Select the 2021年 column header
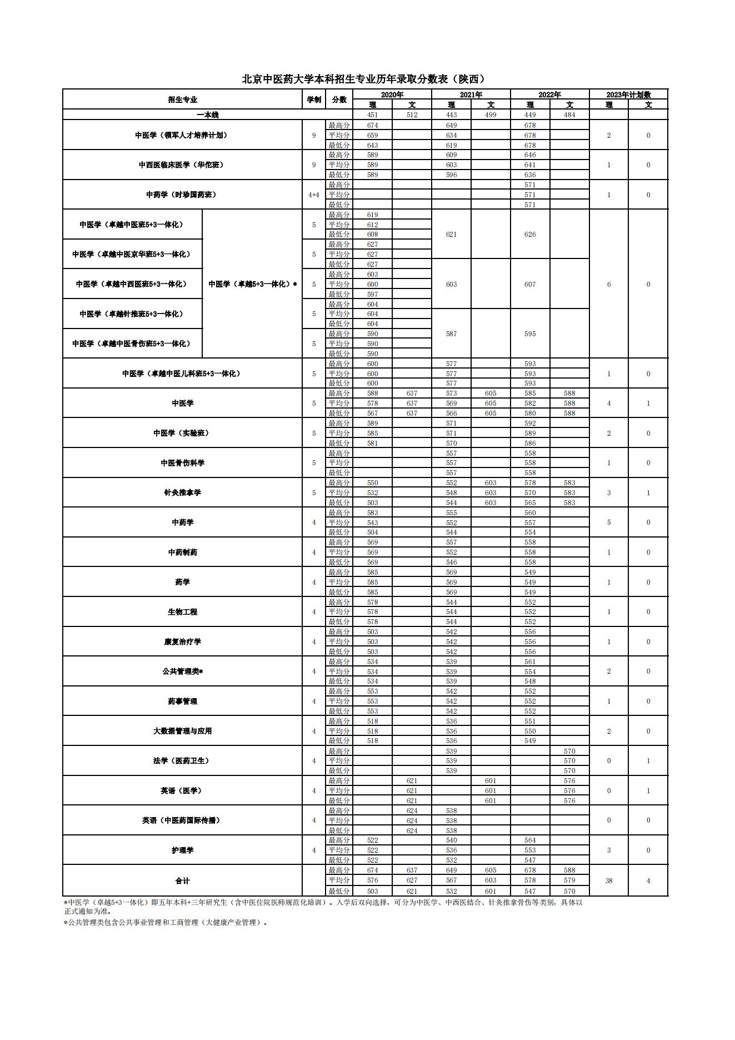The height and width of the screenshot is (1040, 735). pos(471,94)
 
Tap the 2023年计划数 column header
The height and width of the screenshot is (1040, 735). pos(628,94)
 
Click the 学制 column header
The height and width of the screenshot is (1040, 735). pos(314,99)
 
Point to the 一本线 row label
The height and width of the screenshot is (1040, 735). pos(208,115)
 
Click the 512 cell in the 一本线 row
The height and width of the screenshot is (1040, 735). pos(412,115)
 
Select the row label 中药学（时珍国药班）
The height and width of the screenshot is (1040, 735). pos(182,195)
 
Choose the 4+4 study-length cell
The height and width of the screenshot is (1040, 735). pos(314,195)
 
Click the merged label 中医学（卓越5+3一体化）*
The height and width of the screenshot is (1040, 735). pos(252,284)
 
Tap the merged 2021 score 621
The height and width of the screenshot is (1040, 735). pos(451,235)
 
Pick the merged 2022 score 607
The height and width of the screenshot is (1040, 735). pos(530,284)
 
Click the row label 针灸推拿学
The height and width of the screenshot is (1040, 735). pos(182,492)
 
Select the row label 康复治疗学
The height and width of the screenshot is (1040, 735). pos(182,641)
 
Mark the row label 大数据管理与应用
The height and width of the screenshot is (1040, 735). pos(182,731)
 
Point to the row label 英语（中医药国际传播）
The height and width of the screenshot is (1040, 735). pos(182,820)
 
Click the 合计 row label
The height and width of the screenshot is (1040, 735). pos(182,880)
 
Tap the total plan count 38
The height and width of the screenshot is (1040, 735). pos(609,880)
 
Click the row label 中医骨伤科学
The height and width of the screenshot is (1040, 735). pos(182,463)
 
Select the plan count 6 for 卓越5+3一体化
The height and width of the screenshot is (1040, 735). pos(609,284)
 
